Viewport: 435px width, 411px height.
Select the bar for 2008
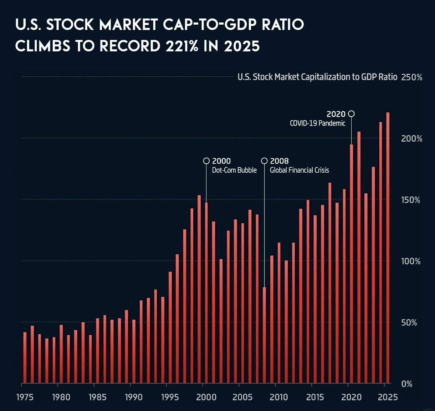click(x=264, y=335)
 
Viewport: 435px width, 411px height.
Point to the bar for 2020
click(x=351, y=264)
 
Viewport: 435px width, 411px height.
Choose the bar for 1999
click(x=199, y=289)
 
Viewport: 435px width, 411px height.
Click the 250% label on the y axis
click(x=411, y=77)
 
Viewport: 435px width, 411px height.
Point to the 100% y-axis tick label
click(x=411, y=262)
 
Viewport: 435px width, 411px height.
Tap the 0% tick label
click(x=406, y=384)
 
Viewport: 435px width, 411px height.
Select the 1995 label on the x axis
click(x=170, y=397)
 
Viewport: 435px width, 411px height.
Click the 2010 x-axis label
click(x=278, y=397)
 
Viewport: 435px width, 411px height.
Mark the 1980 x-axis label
click(x=61, y=397)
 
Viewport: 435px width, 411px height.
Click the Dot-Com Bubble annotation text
click(x=234, y=170)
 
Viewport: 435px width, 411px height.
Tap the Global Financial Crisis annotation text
click(x=299, y=170)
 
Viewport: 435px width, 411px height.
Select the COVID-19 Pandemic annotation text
click(x=317, y=123)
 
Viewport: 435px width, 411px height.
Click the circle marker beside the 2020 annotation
click(x=351, y=114)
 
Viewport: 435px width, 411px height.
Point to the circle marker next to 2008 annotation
click(x=264, y=161)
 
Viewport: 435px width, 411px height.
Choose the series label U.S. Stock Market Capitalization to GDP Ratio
click(x=317, y=77)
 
